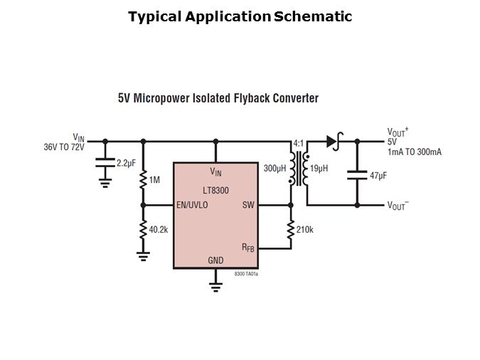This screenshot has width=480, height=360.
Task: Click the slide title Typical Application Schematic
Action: [240, 16]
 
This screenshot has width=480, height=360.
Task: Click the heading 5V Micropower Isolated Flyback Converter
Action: [218, 98]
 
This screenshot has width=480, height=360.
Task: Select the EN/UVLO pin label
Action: [192, 205]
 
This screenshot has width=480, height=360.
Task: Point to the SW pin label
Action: [248, 205]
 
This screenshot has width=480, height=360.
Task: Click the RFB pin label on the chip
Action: [247, 248]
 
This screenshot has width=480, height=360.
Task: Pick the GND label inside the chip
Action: [215, 260]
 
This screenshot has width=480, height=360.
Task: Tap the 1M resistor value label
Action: [155, 180]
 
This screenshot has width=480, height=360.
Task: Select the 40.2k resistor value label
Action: [159, 229]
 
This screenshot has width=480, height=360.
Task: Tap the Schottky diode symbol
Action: [332, 141]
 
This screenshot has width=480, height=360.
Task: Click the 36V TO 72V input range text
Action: [63, 147]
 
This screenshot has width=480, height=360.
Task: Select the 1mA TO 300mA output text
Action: [414, 152]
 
